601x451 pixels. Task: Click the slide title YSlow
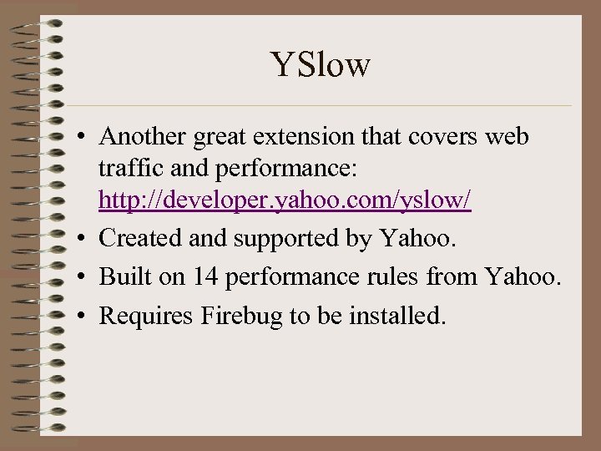(x=321, y=64)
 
